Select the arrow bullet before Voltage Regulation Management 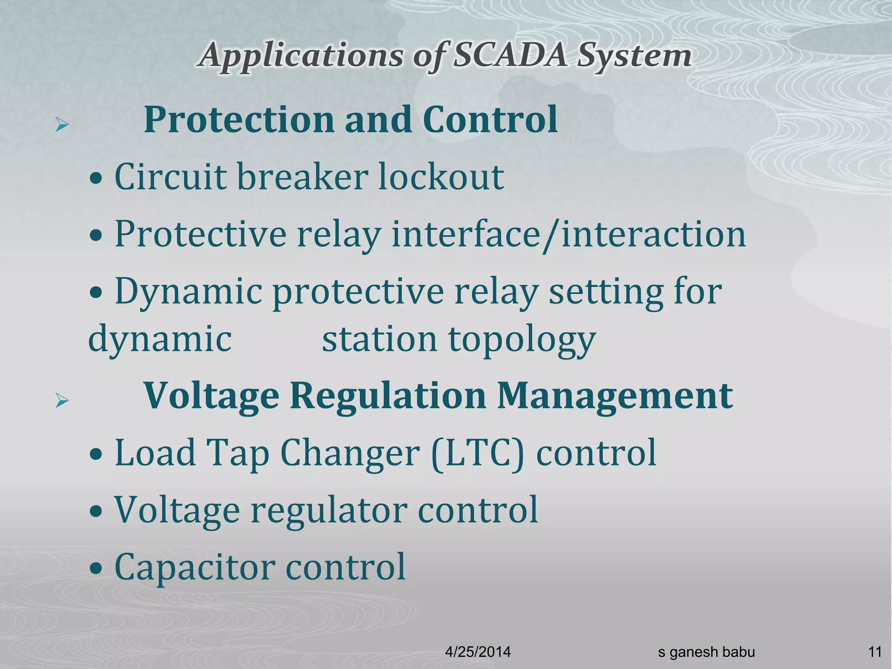tap(62, 401)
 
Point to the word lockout tap(441, 176)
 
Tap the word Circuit tap(170, 176)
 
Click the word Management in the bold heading tap(615, 396)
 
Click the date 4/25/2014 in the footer tap(478, 652)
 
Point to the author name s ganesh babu tap(706, 652)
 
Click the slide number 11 tap(875, 652)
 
